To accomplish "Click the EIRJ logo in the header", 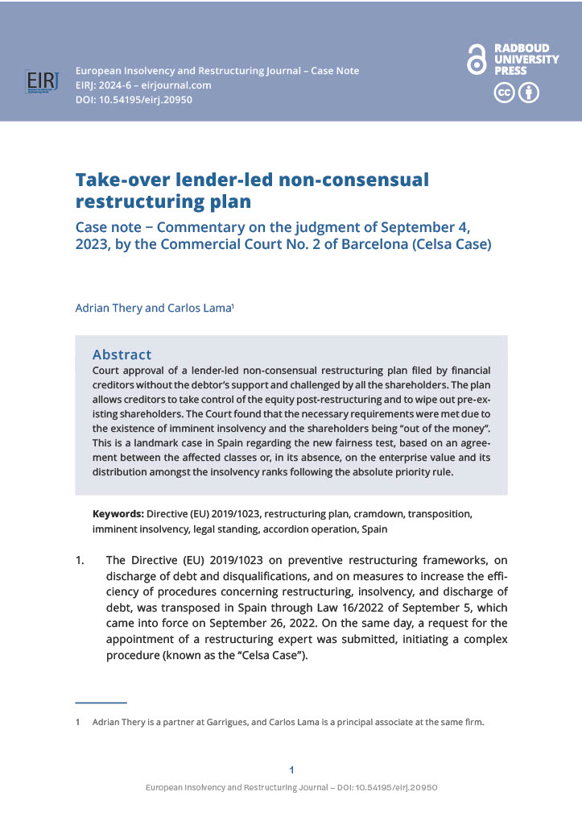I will [39, 83].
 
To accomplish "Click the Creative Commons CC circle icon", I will [504, 93].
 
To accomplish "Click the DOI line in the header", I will [134, 100].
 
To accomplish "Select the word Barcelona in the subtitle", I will [336, 244].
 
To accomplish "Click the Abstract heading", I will [122, 354].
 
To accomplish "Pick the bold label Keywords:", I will [118, 513].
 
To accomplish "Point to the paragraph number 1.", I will [80, 560].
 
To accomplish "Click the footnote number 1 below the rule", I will [78, 722].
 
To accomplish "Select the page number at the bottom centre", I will [291, 769].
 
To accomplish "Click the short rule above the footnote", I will [101, 703].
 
